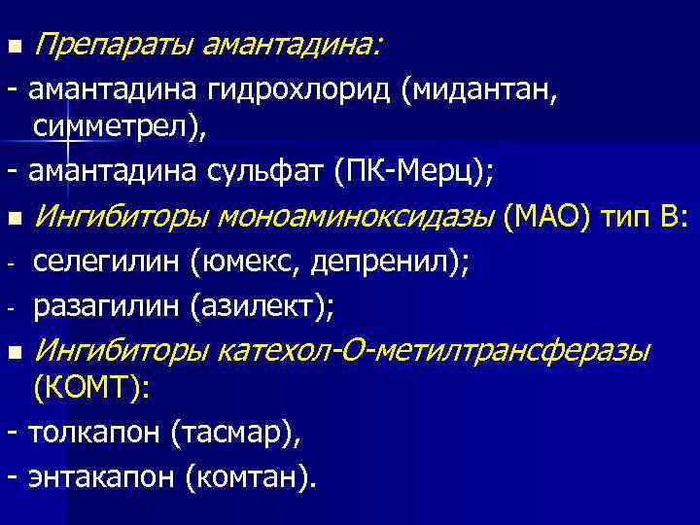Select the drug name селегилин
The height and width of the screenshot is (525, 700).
(107, 262)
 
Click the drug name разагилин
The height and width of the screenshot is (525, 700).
(107, 307)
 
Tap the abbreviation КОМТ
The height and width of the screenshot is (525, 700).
(89, 389)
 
